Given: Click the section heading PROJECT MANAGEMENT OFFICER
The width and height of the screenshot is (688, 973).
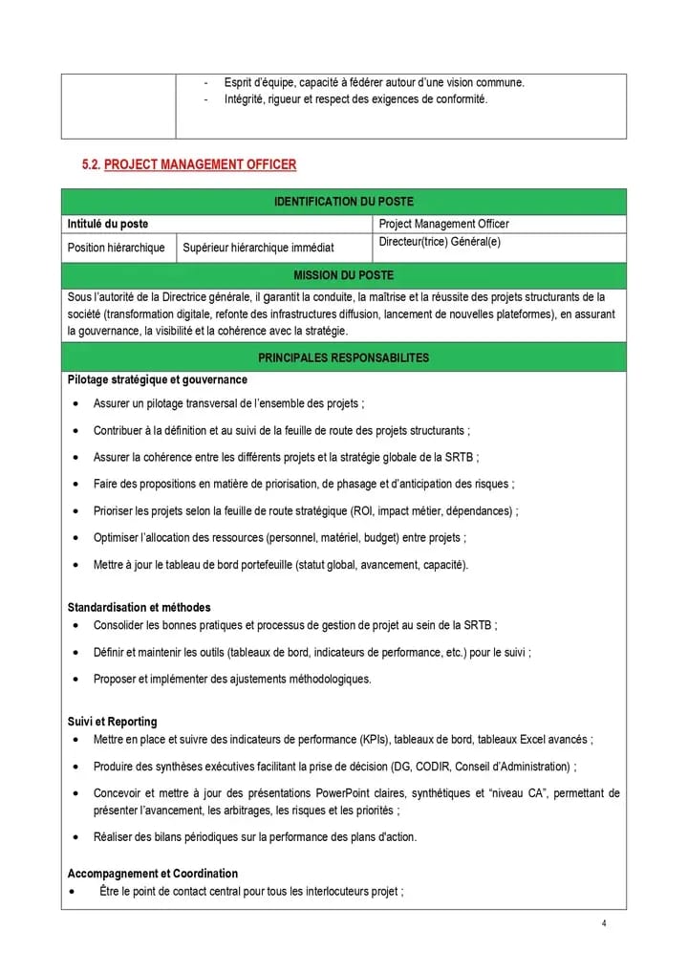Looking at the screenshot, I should (x=200, y=164).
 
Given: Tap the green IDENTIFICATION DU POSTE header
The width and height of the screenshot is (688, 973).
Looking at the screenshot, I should (x=344, y=202).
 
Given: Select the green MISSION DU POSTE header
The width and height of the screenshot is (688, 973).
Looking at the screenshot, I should (x=344, y=275).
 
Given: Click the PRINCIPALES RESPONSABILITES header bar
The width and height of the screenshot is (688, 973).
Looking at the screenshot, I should (x=344, y=357).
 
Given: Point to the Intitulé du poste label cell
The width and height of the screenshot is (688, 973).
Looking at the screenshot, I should (x=108, y=224).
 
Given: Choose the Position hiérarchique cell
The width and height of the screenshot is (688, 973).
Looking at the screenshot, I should (x=116, y=248).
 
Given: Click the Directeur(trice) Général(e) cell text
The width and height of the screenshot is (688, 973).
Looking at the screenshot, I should (x=440, y=242).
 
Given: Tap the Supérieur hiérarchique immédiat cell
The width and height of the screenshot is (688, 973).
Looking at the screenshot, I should (x=258, y=248).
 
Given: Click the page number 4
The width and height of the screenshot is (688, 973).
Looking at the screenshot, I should (x=604, y=923).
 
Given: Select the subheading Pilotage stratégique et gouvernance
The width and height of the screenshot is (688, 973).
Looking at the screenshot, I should (x=158, y=379).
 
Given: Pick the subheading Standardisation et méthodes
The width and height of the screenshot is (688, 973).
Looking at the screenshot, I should (x=140, y=607).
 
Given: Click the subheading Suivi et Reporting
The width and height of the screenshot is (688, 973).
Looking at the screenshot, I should (x=113, y=722).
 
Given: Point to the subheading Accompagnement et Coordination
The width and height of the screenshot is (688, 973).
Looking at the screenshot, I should (x=153, y=874).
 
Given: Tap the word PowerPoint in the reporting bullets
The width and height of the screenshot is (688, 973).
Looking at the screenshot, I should (x=345, y=793).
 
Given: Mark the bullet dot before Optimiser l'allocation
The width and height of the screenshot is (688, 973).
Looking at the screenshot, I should (x=75, y=538).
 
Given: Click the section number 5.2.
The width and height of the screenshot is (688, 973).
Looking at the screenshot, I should (x=92, y=164).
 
